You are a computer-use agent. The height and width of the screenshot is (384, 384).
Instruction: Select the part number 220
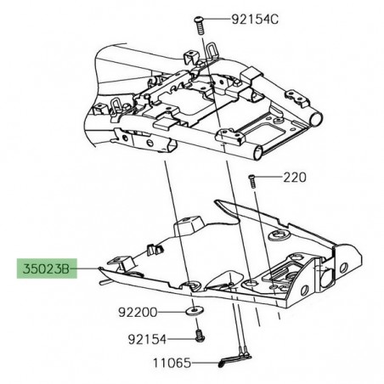point(294,178)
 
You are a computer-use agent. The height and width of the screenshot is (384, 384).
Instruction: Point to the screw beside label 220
point(252,180)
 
